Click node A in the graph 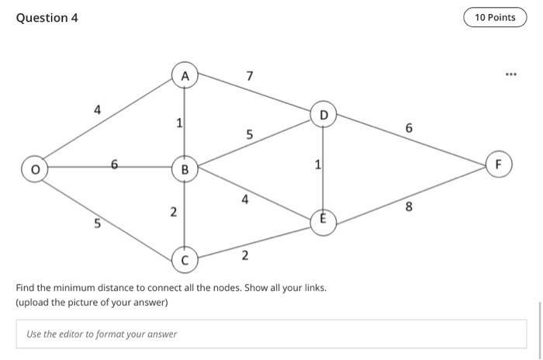(185, 76)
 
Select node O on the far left (33, 168)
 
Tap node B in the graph (185, 168)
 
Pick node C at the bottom (185, 259)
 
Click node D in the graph (323, 116)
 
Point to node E (323, 220)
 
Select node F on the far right (499, 164)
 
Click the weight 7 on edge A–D (249, 76)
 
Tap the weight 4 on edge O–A (97, 110)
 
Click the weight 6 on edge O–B (114, 164)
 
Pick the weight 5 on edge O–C (97, 224)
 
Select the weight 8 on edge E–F (409, 207)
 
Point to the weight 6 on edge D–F (409, 128)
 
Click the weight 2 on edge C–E (245, 254)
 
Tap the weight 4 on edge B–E (245, 199)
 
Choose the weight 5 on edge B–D (249, 134)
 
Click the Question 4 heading (47, 18)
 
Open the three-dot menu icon (510, 75)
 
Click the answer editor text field (271, 334)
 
